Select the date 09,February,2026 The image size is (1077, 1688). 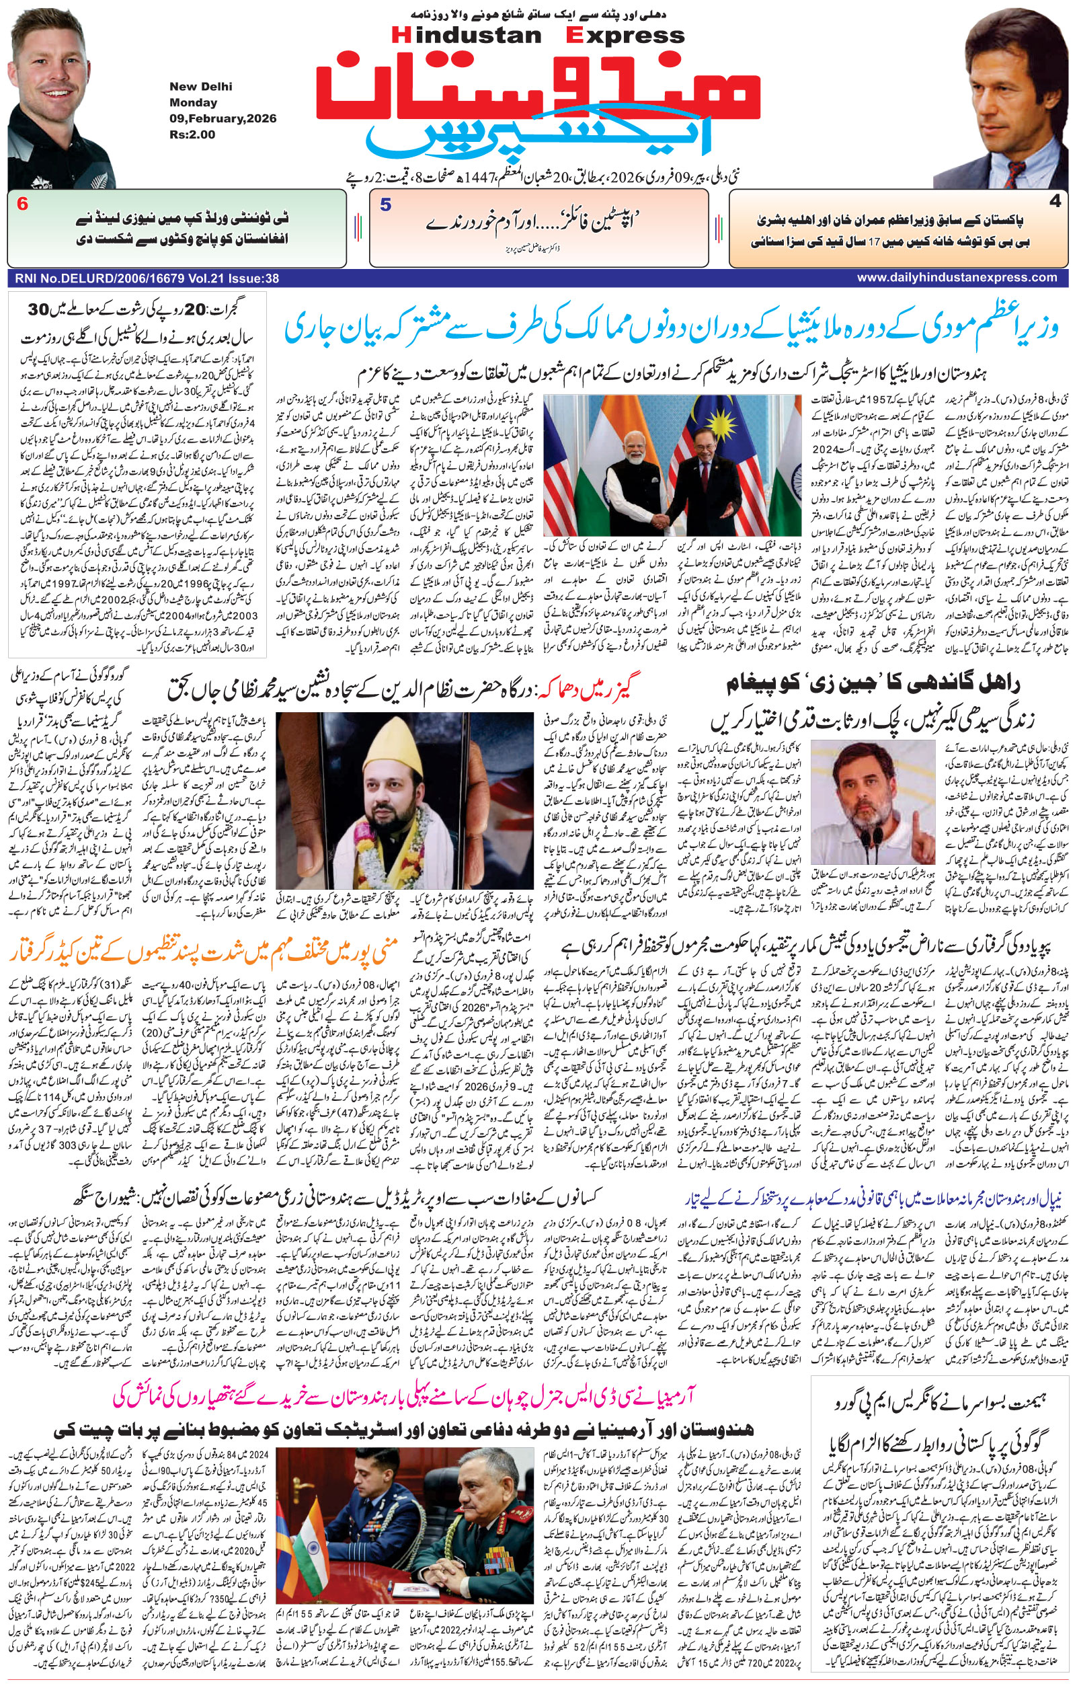tap(222, 118)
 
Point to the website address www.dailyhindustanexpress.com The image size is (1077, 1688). tap(957, 278)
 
